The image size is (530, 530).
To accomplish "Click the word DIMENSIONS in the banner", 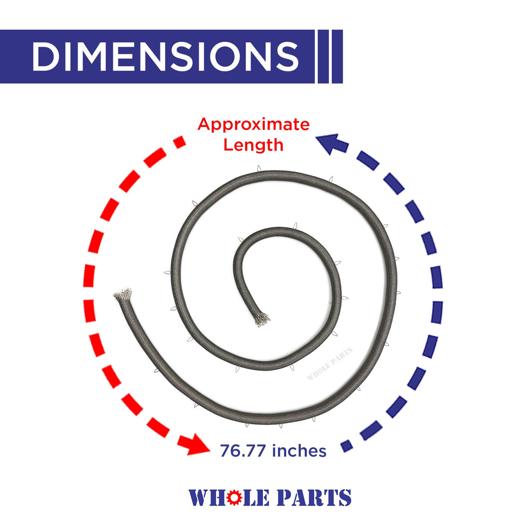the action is (x=165, y=56).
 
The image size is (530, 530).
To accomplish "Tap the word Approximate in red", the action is (x=254, y=124).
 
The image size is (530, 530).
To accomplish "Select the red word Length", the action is (x=253, y=145).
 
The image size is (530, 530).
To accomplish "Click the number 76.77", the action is (x=242, y=451).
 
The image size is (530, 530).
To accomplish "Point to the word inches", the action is (x=299, y=451).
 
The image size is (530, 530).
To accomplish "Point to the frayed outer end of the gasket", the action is (x=122, y=295).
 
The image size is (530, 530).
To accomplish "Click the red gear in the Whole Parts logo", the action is (x=234, y=497).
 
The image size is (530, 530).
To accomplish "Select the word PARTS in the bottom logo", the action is (x=314, y=497).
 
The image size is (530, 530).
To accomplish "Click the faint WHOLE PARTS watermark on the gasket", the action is (x=330, y=363).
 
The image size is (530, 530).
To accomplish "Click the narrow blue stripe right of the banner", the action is (x=323, y=56).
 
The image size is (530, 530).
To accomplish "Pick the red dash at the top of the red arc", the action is (x=180, y=142).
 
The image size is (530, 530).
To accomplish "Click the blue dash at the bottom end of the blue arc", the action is (x=346, y=446).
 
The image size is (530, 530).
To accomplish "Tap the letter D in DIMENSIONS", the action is (x=46, y=56).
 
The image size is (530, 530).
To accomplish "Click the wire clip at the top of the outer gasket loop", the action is (x=259, y=169).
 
